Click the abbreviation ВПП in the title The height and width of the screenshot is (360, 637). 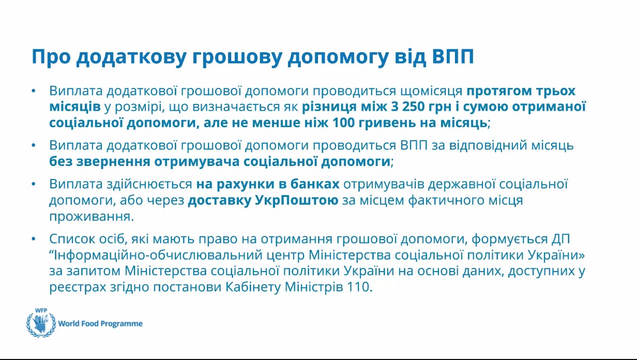pos(453,56)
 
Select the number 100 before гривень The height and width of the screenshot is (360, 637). pos(343,123)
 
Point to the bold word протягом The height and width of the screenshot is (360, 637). pos(499,92)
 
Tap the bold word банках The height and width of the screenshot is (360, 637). pos(315,184)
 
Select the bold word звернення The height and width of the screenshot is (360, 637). pos(113,162)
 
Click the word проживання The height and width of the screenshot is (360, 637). pos(92,217)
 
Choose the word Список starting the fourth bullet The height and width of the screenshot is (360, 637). pos(72,238)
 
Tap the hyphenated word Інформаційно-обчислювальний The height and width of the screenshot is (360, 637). pos(158,254)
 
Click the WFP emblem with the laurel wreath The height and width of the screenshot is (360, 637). pos(41,323)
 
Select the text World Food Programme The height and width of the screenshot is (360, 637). pos(100,324)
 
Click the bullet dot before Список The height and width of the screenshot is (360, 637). pos(34,239)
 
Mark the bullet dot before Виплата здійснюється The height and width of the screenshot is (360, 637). pos(34,184)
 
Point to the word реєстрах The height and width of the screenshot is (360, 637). pos(78,287)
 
